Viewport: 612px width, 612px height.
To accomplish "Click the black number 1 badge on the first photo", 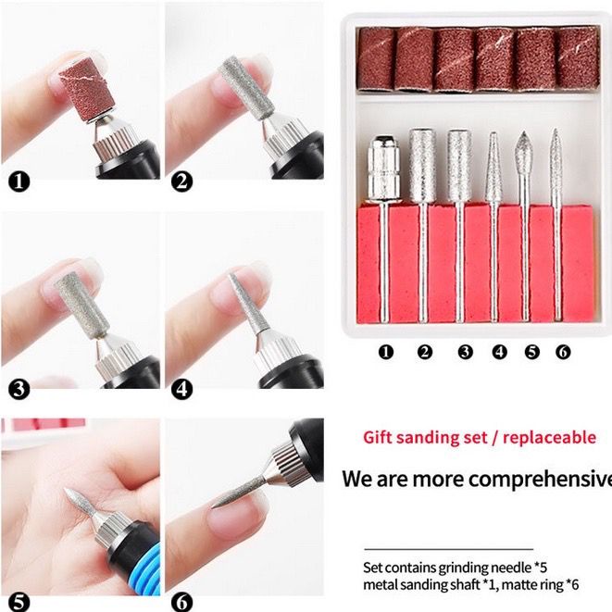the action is point(19,181).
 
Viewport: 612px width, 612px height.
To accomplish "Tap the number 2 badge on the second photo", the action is point(181,181).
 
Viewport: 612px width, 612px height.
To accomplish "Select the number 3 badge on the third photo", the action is point(19,389).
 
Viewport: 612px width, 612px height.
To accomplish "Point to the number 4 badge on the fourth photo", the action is point(181,389).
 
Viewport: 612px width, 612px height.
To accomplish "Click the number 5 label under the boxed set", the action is point(532,352).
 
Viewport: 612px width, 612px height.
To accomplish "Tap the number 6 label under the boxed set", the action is point(563,352).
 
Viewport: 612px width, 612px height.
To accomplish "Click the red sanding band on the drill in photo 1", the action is point(87,90).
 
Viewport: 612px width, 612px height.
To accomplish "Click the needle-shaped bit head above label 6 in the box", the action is point(556,157).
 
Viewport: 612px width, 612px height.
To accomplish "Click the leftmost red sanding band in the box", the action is point(376,59).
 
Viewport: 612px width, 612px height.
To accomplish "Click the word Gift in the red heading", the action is point(377,438).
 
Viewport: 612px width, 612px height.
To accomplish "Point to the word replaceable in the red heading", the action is point(550,438).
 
